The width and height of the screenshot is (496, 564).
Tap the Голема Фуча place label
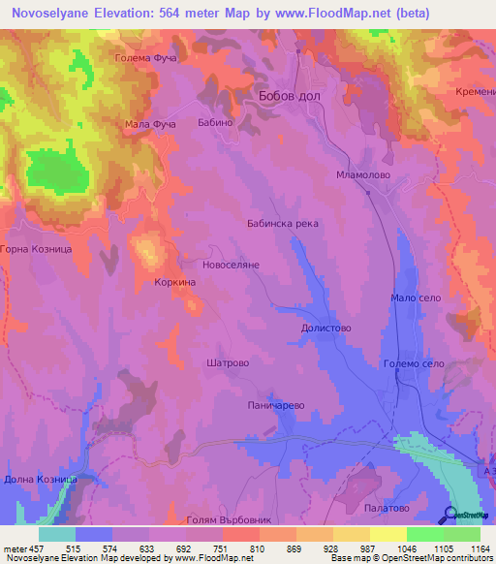144,59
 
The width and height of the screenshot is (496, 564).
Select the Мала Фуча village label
150,125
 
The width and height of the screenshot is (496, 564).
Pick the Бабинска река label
282,223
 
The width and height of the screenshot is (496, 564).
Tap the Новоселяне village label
231,264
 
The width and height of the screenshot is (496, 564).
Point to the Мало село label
417,298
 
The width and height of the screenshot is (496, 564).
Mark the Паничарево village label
277,404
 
